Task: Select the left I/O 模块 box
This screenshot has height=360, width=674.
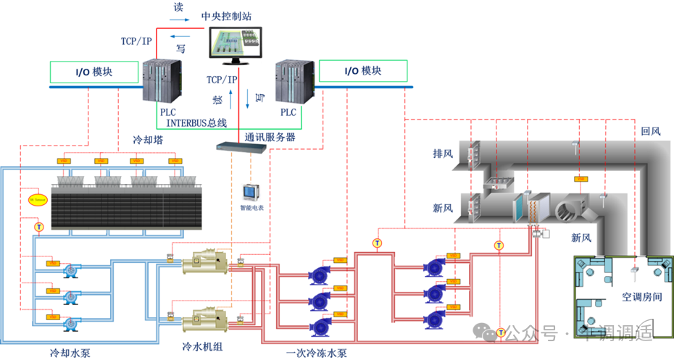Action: (x=94, y=72)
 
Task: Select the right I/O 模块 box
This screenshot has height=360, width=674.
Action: (x=362, y=71)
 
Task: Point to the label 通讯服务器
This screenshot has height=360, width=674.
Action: (x=270, y=136)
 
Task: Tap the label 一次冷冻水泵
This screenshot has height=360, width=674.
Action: (x=316, y=353)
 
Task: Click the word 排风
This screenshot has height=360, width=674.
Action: (x=444, y=154)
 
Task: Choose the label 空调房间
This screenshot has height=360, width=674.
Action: (x=641, y=297)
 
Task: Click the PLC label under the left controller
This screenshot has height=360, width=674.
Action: (x=168, y=112)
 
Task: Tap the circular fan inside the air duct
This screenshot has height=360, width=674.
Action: (x=568, y=212)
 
